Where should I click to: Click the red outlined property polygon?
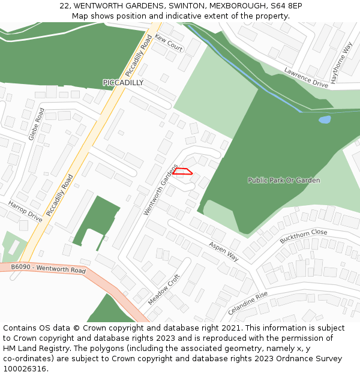tap(182, 172)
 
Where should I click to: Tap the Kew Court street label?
tap(169, 43)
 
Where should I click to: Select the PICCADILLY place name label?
tap(123, 83)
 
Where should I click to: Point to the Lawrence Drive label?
tap(306, 77)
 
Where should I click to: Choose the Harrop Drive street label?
tap(25, 212)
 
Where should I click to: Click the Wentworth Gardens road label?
tap(161, 190)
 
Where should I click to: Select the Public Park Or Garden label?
tap(284, 180)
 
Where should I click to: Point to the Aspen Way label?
tap(224, 251)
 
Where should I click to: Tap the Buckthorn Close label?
tap(304, 236)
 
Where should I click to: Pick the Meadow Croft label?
tap(164, 289)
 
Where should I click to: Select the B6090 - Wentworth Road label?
tap(49, 268)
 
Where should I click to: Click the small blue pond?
tap(324, 119)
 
